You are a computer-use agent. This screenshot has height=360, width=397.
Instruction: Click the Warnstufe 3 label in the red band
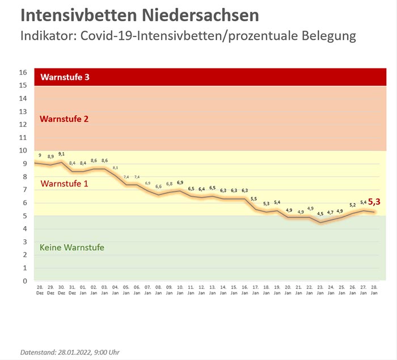[x=65, y=77]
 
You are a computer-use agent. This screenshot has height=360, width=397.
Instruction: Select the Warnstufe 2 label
[x=65, y=119]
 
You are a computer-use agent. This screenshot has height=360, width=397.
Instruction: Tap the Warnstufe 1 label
[x=65, y=184]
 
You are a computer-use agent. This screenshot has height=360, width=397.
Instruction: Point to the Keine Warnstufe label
[x=72, y=247]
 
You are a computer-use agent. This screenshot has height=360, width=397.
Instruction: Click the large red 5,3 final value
[x=374, y=201]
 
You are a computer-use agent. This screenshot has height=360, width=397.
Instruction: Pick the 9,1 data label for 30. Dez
[x=61, y=154]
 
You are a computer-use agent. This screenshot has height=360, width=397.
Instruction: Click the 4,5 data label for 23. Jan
[x=320, y=214]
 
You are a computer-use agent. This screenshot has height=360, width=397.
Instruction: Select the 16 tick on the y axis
[x=23, y=73]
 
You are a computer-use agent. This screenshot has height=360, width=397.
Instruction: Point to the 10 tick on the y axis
[x=23, y=151]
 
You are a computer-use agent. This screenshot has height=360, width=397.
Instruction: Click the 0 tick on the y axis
[x=25, y=281]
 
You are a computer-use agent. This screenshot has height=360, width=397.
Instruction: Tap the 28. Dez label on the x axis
[x=40, y=290]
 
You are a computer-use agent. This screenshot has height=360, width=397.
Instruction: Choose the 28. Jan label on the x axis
[x=374, y=290]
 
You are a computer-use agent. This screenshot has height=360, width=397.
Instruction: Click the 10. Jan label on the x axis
[x=180, y=290]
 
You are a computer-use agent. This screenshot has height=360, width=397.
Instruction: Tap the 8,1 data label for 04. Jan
[x=115, y=168]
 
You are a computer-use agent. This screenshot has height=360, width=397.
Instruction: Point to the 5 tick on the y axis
[x=25, y=216]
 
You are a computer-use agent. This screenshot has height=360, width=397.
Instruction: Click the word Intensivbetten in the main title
[x=78, y=15]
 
